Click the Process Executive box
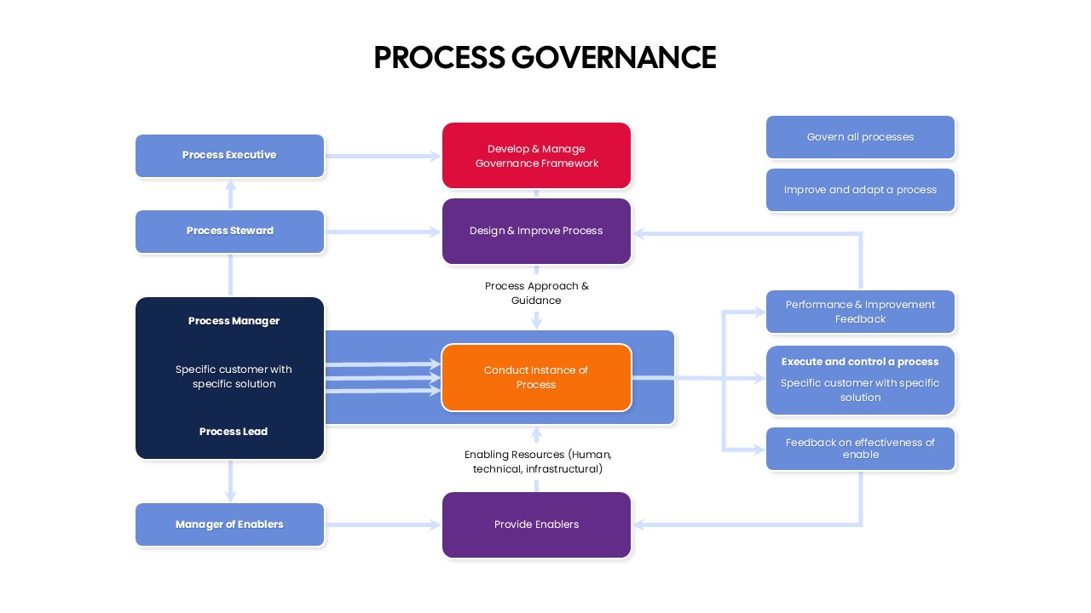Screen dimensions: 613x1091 click(229, 156)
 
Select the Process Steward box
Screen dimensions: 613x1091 click(229, 232)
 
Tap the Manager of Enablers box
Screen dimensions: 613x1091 click(229, 524)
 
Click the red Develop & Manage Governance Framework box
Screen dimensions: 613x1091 click(536, 156)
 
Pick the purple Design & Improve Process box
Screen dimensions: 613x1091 click(536, 231)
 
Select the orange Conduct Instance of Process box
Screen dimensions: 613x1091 click(536, 377)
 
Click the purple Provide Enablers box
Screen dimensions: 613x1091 click(536, 524)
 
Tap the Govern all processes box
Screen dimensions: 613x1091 click(860, 137)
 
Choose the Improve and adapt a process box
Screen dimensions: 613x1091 click(860, 190)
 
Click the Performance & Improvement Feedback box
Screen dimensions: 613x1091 click(860, 312)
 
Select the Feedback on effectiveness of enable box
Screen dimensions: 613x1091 click(860, 449)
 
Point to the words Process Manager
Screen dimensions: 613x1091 click(234, 321)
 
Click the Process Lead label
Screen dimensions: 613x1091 click(234, 432)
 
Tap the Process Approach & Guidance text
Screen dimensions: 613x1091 click(536, 293)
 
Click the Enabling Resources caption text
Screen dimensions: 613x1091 click(537, 461)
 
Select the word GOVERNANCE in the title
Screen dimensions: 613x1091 click(614, 58)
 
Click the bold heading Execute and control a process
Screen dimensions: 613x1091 click(860, 362)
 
